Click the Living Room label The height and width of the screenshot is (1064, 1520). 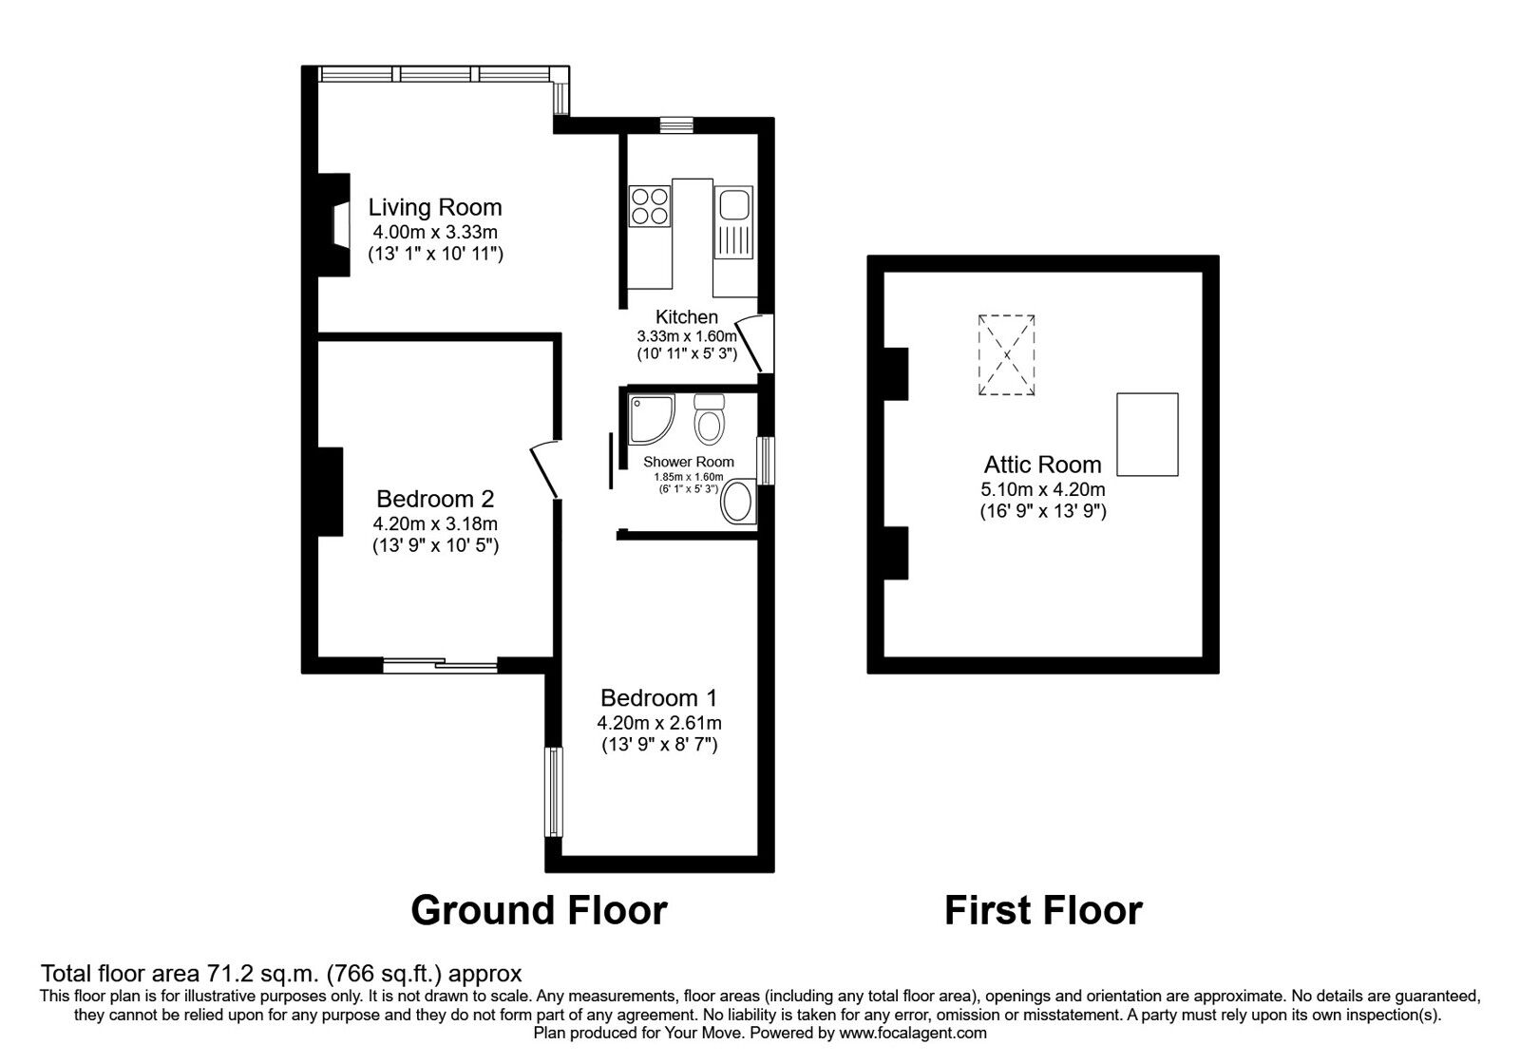435,207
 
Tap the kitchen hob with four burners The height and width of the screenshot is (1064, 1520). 650,206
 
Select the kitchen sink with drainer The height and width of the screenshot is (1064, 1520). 734,222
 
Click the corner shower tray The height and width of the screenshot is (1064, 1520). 652,420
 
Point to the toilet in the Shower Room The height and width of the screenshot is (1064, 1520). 710,419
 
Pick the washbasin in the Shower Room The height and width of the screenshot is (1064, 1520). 739,501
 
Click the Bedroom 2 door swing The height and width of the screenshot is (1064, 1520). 545,469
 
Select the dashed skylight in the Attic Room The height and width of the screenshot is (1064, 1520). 1006,355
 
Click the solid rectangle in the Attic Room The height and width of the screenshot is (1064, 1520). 1148,434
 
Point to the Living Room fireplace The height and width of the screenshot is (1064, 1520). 334,224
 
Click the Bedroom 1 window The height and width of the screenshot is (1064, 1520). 555,792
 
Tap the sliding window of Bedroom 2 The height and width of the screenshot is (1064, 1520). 440,665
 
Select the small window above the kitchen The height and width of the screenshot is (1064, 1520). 676,124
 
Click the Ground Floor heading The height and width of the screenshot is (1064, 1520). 539,910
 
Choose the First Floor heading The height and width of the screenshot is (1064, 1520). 1043,910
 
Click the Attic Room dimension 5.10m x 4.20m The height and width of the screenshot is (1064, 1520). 1043,489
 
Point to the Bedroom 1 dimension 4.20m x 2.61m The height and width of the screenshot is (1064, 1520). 659,723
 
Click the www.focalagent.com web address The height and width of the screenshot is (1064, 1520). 913,1033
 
